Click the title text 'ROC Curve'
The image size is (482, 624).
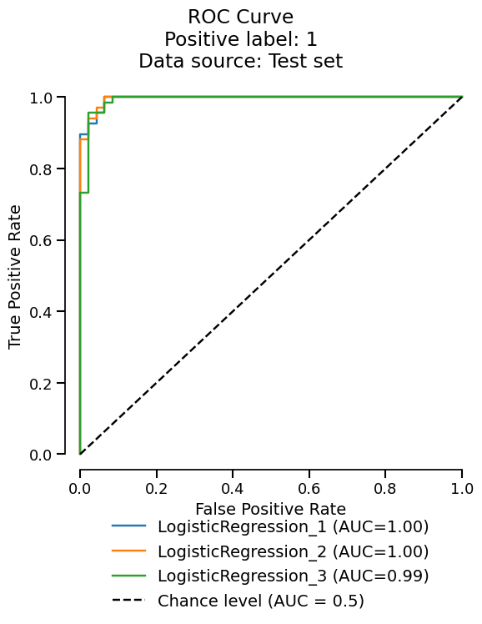tap(240, 17)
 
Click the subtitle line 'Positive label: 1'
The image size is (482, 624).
tap(240, 39)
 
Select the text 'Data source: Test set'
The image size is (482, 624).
tap(240, 61)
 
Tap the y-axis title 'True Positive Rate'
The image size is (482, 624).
tap(16, 276)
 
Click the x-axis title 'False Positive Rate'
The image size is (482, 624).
tap(270, 508)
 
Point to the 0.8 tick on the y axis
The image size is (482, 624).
tap(42, 169)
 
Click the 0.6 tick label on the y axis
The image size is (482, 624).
tap(42, 240)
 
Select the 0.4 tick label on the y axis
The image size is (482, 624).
tap(42, 312)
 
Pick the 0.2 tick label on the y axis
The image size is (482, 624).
tap(42, 384)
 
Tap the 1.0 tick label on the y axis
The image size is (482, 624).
tap(42, 98)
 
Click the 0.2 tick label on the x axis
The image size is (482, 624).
tap(156, 487)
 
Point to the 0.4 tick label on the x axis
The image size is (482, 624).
tap(233, 487)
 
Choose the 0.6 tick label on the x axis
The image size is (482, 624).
tap(309, 487)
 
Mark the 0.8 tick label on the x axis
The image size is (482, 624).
tap(385, 487)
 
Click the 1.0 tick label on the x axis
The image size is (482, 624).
tap(461, 487)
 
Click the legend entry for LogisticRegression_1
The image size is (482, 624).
tap(293, 526)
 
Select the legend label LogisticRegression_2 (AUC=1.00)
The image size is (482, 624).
tap(293, 551)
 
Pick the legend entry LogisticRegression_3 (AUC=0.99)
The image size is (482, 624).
tap(293, 576)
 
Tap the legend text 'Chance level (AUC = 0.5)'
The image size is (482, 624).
tap(261, 601)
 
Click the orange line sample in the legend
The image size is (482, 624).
tap(128, 551)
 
